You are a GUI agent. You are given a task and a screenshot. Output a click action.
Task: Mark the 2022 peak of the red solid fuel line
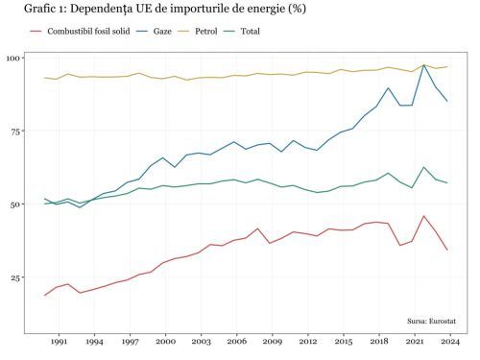[x=424, y=216]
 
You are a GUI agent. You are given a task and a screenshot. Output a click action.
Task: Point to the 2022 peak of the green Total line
[x=424, y=167]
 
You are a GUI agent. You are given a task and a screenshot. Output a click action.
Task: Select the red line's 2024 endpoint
[x=447, y=250]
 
